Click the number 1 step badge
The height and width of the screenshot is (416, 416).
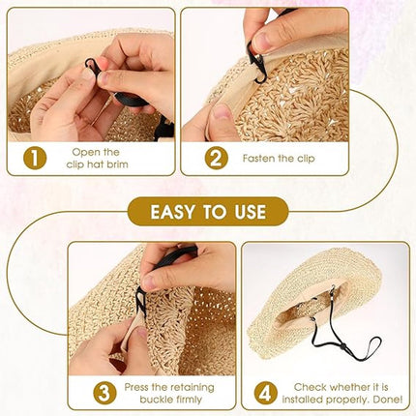[35, 159]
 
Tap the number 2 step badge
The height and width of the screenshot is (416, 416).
[216, 158]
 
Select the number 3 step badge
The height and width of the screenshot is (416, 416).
[104, 393]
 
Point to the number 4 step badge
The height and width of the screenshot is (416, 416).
[265, 393]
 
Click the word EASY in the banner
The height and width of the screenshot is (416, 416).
[172, 212]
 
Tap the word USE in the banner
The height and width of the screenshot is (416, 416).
[251, 212]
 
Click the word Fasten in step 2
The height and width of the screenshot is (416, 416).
[259, 159]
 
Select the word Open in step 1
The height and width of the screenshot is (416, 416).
[86, 153]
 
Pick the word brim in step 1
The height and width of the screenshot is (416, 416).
[117, 164]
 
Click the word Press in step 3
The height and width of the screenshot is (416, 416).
[137, 387]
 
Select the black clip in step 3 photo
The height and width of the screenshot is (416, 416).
[140, 303]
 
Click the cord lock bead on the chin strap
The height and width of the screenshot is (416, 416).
[342, 346]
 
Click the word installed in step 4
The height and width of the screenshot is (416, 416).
[303, 400]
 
